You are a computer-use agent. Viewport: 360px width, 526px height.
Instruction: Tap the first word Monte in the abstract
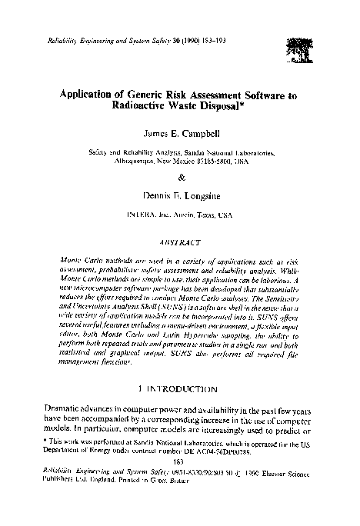point(71,261)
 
